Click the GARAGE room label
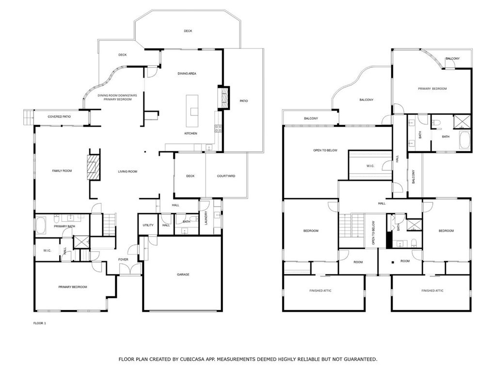point(183,275)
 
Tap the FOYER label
point(123,259)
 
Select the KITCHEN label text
point(191,133)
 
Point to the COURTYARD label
point(226,176)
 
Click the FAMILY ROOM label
point(62,171)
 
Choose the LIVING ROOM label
point(128,171)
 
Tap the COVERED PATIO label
point(59,117)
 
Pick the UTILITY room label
point(148,225)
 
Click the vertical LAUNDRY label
point(206,218)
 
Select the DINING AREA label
point(187,73)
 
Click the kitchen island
point(192,111)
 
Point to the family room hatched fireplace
point(94,167)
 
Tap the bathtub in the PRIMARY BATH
point(41,225)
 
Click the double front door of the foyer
point(130,269)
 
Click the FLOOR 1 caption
point(40,323)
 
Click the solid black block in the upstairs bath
point(389,240)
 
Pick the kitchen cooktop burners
point(218,128)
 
